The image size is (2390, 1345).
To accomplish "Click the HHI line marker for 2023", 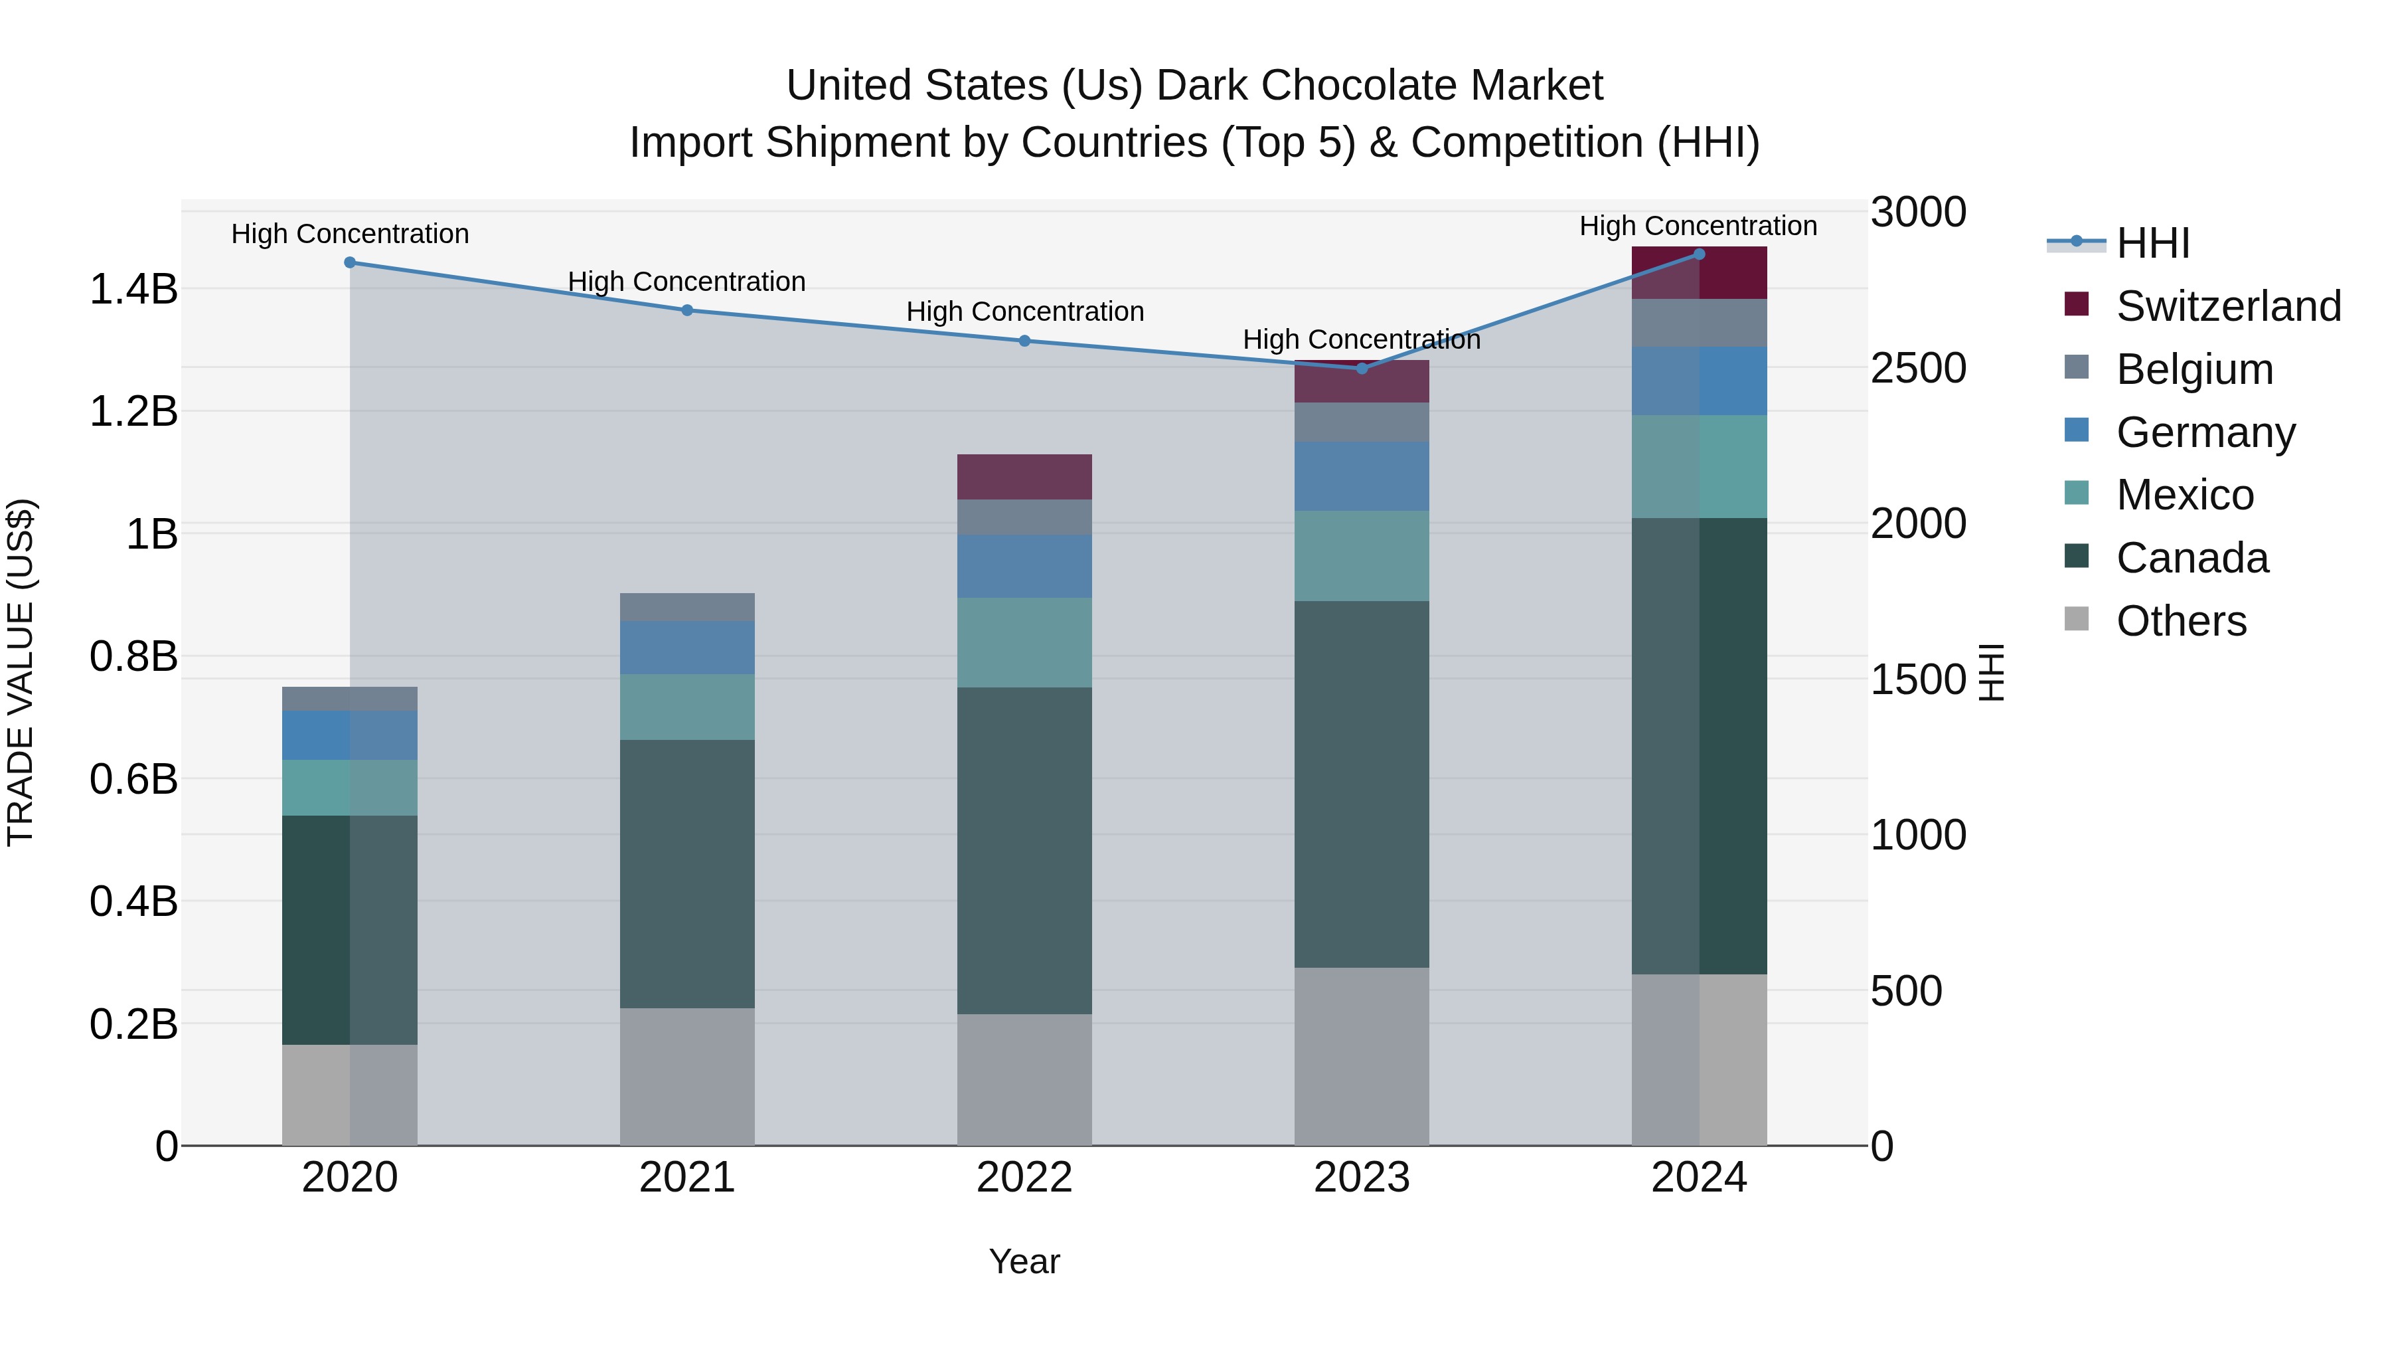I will click(1361, 369).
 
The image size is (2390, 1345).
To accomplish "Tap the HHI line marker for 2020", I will click(350, 262).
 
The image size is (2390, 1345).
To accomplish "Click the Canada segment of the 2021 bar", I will click(686, 873).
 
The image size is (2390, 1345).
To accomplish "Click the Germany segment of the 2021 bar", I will click(686, 647).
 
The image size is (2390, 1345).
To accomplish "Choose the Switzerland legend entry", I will click(2227, 306).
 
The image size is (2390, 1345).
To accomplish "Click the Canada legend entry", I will click(2191, 558).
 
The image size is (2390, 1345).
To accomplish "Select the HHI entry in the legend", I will click(2152, 243).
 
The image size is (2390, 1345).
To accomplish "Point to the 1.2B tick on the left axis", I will click(133, 411).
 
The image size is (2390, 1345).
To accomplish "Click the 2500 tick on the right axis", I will click(1917, 369).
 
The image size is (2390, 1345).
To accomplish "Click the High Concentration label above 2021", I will click(686, 281).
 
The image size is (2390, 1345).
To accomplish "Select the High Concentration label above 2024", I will click(1697, 226).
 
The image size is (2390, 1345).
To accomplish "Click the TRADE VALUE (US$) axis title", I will click(21, 672).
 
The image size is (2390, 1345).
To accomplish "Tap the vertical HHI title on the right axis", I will click(1991, 672).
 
